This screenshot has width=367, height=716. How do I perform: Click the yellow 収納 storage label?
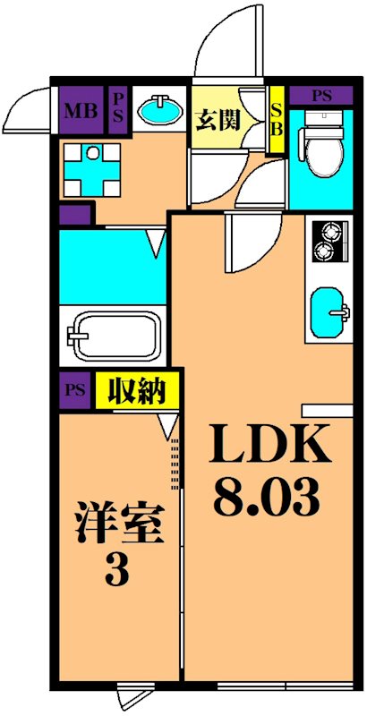137,390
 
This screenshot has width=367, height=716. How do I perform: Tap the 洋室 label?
119,524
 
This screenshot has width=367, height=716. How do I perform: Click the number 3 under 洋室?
117,569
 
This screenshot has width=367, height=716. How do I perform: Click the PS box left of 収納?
75,391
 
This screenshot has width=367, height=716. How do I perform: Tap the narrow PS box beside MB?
118,111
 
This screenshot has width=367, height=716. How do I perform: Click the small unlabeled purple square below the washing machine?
75,214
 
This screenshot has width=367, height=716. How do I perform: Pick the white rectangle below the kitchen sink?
328,410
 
